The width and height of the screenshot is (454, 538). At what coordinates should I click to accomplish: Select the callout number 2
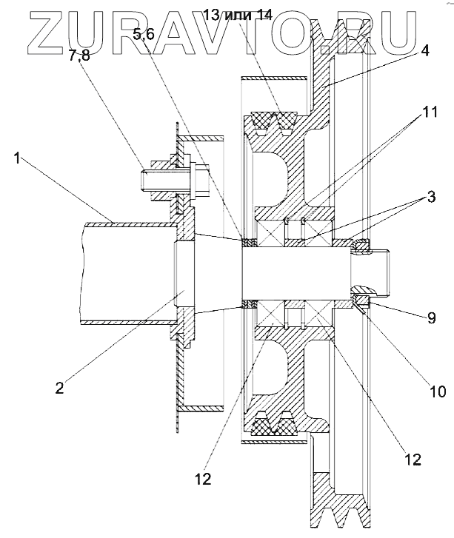pos(60,387)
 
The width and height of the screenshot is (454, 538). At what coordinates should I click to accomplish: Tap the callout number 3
pos(430,197)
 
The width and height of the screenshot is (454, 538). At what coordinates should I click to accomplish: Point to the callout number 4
pos(425,50)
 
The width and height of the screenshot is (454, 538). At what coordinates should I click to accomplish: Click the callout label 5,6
pos(144,34)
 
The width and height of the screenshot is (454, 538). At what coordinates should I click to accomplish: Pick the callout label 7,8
pos(79,55)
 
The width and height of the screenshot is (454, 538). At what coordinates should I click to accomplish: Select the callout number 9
pos(431,318)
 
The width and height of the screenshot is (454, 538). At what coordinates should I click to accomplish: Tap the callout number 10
pos(438,391)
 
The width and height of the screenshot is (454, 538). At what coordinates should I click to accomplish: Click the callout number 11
pos(430,112)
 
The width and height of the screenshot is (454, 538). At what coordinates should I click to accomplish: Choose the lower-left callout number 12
pos(204,479)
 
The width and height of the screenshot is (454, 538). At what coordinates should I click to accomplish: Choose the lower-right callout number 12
pos(412,460)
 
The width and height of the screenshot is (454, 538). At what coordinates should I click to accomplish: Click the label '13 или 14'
pos(238,15)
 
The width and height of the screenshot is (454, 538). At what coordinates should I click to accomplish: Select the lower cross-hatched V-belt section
pos(274,423)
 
